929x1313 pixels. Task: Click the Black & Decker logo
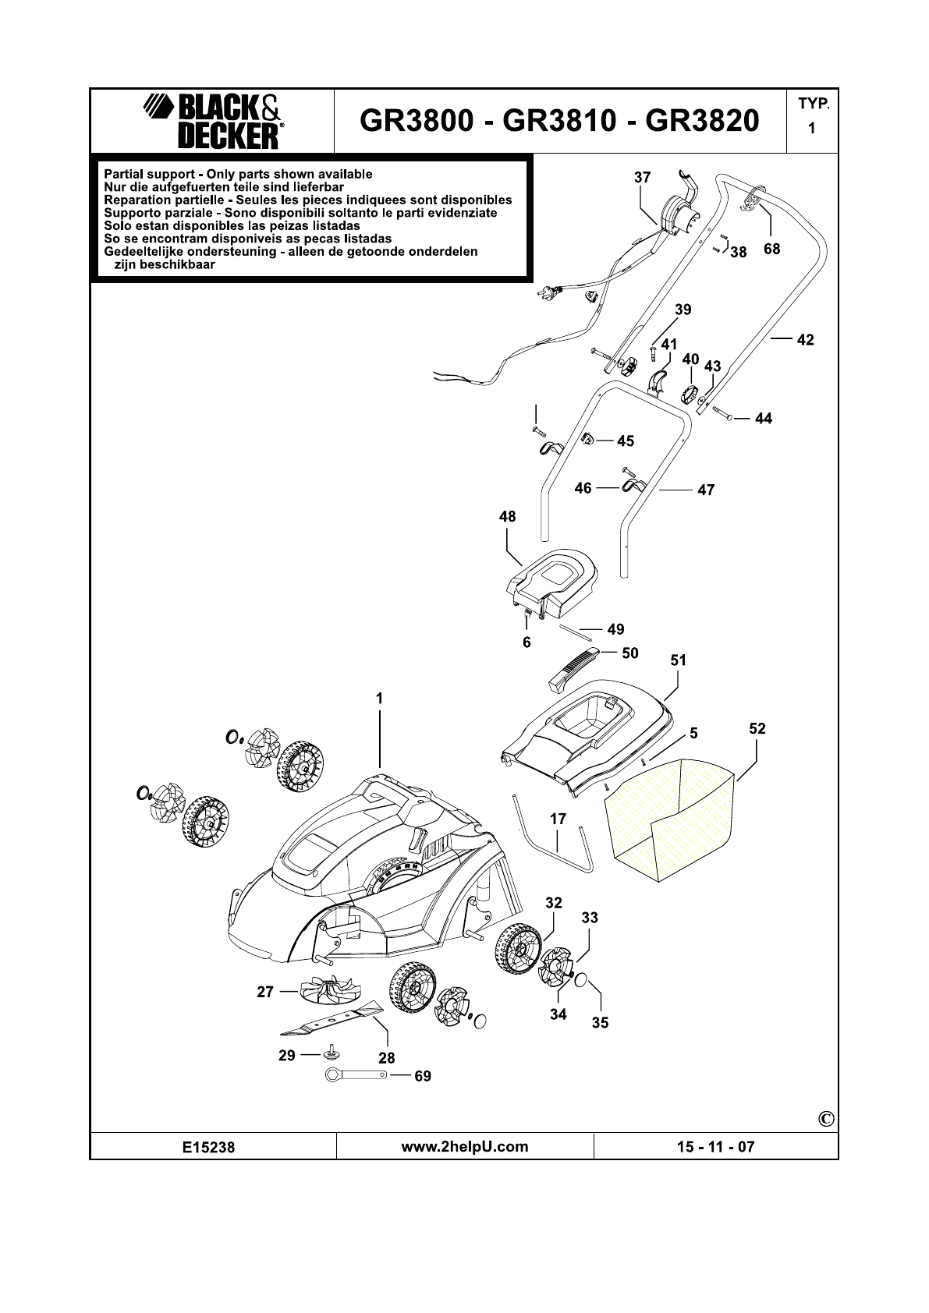213,122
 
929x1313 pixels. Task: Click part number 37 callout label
642,178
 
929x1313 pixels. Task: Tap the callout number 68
771,250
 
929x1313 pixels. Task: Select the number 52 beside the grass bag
757,729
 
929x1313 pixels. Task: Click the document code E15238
208,1147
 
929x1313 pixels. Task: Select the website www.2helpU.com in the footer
464,1146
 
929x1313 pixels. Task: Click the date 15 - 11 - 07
715,1147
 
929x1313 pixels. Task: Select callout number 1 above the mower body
380,699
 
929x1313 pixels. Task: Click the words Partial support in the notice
149,174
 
